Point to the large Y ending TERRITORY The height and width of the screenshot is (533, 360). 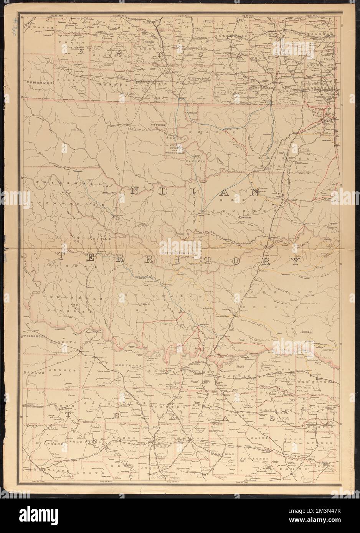[x=294, y=262]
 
